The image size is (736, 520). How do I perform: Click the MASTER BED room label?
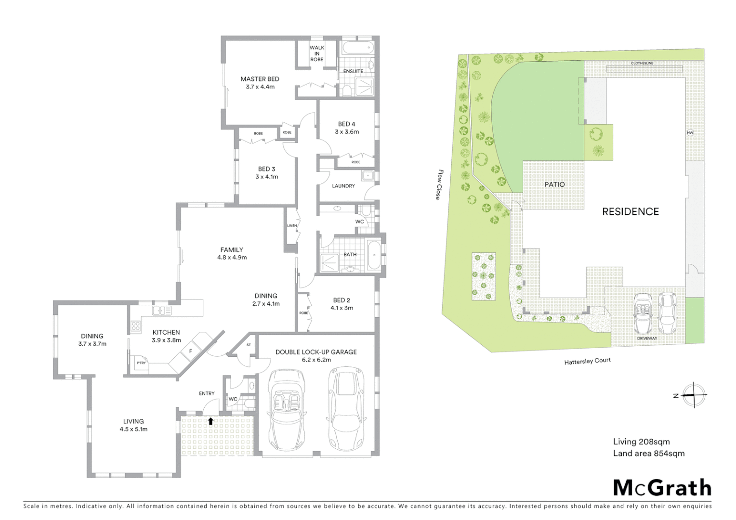260,79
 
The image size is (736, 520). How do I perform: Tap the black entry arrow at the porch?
210,421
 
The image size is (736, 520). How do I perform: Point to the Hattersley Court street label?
587,361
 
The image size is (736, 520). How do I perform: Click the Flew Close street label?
439,184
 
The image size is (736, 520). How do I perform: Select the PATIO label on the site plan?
554,184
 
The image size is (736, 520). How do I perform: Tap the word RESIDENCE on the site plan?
630,211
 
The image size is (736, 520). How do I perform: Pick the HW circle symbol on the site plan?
689,133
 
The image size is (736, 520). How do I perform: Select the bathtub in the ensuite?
357,48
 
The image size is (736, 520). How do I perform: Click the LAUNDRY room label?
343,186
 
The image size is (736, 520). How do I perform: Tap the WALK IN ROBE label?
316,53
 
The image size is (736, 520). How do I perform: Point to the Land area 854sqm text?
648,453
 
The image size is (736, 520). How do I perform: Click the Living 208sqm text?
641,442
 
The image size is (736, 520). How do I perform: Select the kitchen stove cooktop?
135,326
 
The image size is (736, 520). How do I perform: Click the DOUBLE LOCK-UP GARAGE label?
316,352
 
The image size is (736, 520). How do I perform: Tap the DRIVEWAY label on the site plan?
647,338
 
